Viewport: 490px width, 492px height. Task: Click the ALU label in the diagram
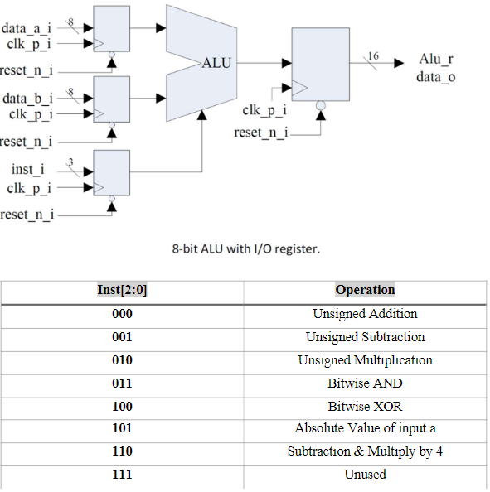click(216, 63)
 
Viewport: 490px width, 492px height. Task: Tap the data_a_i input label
click(26, 28)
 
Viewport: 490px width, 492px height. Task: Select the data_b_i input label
click(27, 99)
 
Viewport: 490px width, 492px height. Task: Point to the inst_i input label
click(28, 170)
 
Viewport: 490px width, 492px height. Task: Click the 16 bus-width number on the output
click(373, 56)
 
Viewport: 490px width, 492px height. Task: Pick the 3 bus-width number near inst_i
click(70, 162)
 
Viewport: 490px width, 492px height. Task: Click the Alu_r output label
click(436, 59)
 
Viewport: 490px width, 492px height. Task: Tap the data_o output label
click(436, 77)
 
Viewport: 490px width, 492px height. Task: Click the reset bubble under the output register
click(320, 105)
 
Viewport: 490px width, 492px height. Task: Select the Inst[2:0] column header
click(122, 290)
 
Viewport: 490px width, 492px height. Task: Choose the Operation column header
click(365, 290)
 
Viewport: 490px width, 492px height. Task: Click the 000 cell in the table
click(122, 314)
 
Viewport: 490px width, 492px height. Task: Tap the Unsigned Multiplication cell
click(366, 360)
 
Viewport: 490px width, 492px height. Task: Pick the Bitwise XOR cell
click(365, 407)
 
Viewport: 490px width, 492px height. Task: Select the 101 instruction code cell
click(122, 428)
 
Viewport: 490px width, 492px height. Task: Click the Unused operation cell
click(365, 475)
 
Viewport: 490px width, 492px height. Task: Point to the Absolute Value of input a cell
click(366, 428)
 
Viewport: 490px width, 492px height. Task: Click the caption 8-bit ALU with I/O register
click(246, 249)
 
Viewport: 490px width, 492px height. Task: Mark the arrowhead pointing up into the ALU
click(202, 115)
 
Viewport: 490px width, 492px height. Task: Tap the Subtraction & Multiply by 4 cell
click(365, 451)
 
